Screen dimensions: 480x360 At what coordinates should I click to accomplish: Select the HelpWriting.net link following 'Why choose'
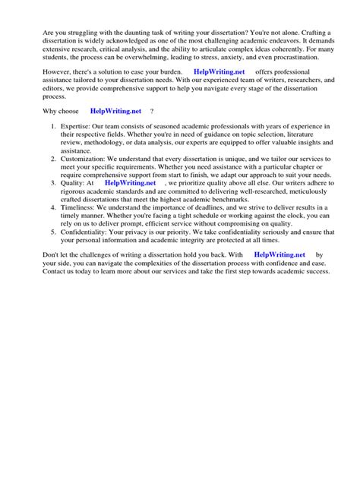[x=116, y=111]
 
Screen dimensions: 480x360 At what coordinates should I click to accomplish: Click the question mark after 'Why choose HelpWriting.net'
[x=153, y=111]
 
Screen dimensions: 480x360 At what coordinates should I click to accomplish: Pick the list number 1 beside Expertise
[x=52, y=125]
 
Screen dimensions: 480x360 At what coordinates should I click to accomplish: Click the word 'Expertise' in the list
[x=79, y=125]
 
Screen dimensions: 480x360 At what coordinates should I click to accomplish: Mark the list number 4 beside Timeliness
[x=52, y=207]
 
